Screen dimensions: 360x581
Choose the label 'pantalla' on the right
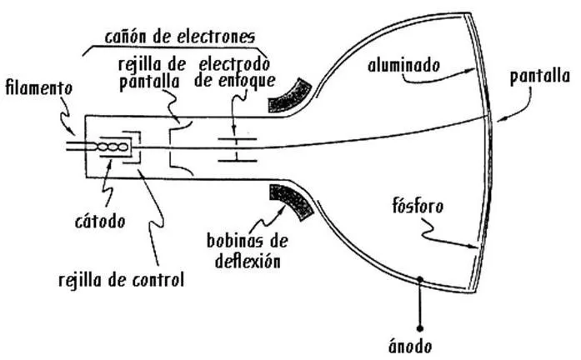click(543, 77)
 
